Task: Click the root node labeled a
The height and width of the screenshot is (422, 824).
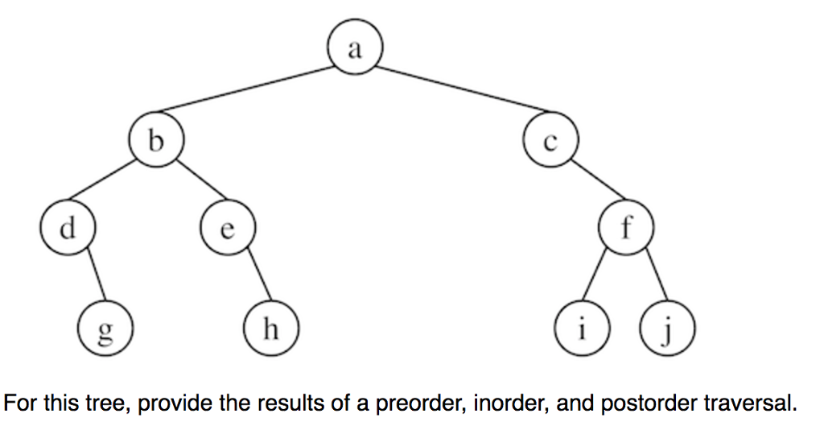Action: tap(355, 49)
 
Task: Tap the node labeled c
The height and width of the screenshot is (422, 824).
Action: tap(550, 142)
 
